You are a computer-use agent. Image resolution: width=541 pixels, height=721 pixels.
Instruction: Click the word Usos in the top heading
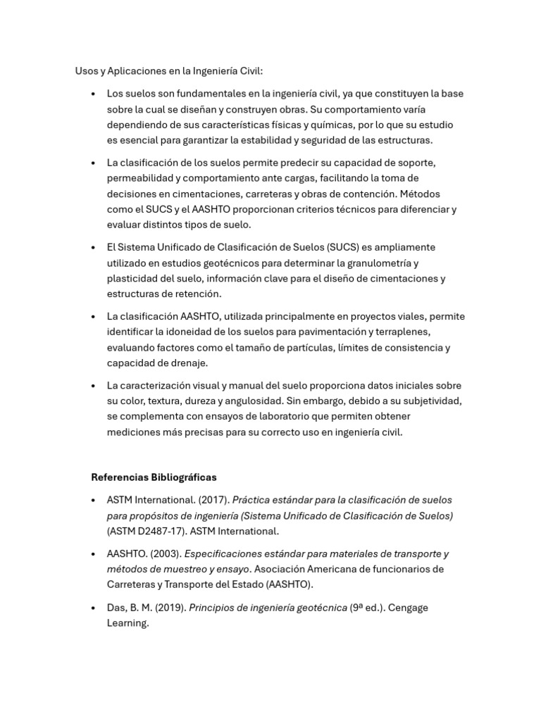point(87,71)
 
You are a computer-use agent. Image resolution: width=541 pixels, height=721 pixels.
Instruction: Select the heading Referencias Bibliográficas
point(154,477)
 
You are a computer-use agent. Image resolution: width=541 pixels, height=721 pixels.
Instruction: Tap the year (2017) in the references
point(213,500)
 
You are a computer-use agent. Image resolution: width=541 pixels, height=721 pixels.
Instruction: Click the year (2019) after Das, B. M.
point(170,608)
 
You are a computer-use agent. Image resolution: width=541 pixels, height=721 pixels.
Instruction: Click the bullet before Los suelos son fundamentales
point(94,94)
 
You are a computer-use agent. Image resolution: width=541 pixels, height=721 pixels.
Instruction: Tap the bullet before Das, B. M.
point(94,608)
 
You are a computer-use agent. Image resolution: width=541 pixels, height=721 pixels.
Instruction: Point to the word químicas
point(331,125)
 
